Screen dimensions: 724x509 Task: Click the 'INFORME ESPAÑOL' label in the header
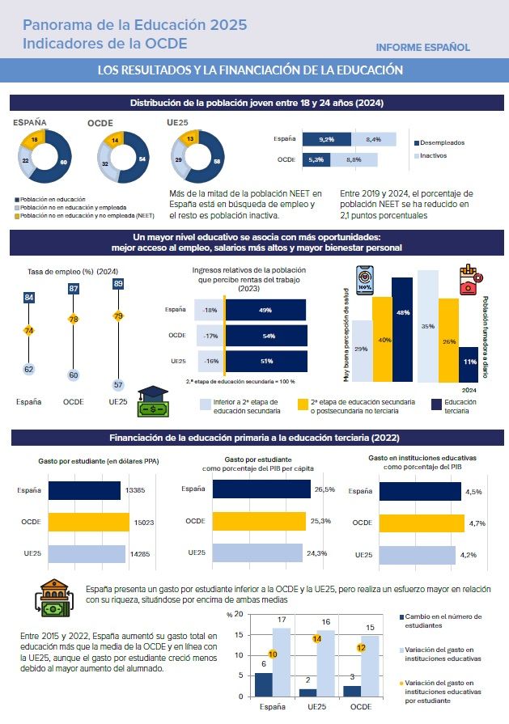(x=422, y=48)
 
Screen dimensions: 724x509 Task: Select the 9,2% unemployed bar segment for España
(x=326, y=139)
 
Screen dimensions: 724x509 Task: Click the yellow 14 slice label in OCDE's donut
(x=116, y=140)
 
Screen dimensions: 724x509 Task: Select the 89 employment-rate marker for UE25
(x=119, y=284)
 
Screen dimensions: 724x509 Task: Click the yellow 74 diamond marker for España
(x=28, y=330)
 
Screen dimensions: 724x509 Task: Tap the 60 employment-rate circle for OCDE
(x=74, y=375)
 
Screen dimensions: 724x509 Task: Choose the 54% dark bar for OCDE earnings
(x=266, y=335)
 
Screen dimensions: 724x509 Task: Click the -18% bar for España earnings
(x=210, y=310)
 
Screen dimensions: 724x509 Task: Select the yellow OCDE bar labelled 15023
(x=89, y=523)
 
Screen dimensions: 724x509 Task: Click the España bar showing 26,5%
(x=260, y=489)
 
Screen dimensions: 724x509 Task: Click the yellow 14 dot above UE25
(x=318, y=638)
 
